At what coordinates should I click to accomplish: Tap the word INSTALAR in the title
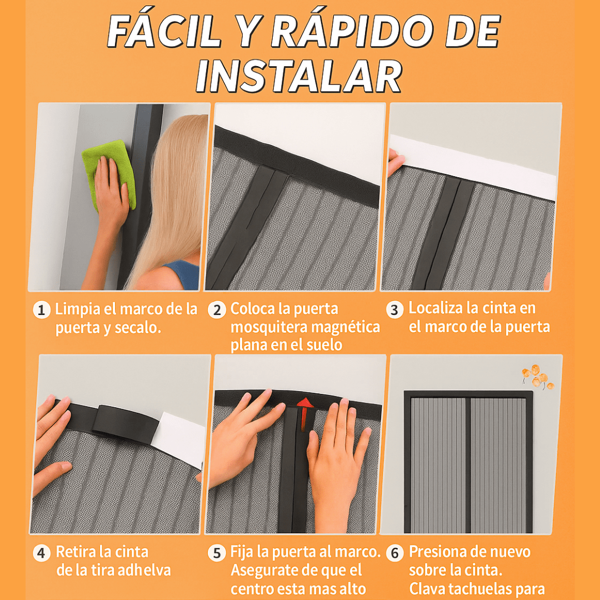click(x=298, y=77)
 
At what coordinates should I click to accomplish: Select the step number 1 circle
click(x=41, y=309)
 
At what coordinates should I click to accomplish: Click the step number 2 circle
click(x=217, y=309)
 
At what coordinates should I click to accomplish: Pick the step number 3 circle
click(x=394, y=309)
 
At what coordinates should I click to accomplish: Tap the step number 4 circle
click(x=41, y=553)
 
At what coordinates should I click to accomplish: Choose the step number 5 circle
click(x=217, y=553)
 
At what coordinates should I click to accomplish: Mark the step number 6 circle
click(x=394, y=553)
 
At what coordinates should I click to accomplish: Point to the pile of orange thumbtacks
click(x=536, y=377)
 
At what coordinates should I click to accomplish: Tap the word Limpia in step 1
click(x=77, y=309)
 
